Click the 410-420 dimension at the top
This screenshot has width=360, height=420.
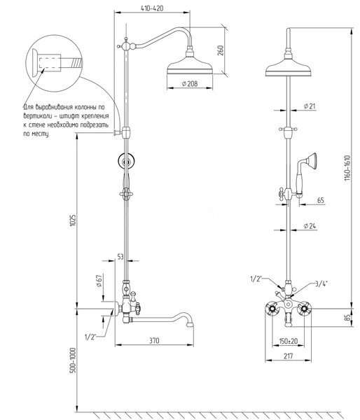(152, 8)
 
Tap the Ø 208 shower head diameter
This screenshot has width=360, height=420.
(190, 84)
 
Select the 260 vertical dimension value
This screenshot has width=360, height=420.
(221, 50)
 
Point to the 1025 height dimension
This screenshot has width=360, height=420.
(73, 220)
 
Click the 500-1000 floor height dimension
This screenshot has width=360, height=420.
(73, 360)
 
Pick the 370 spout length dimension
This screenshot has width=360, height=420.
(154, 341)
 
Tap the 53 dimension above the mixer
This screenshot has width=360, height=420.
(120, 257)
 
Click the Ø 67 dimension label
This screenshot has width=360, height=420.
(99, 281)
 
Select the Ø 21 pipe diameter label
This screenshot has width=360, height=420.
(310, 106)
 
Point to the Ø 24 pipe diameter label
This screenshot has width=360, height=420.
(310, 226)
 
